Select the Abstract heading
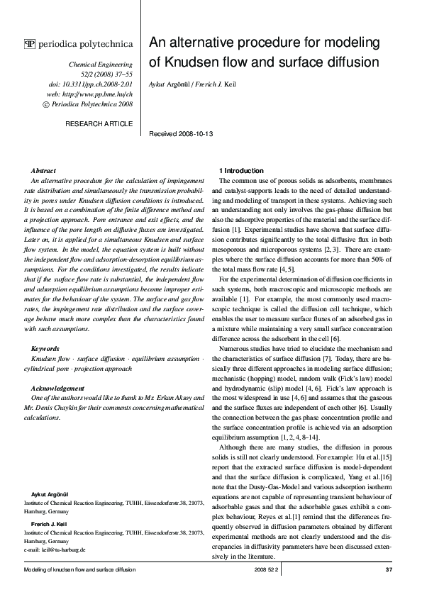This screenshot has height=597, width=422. [x=44, y=171]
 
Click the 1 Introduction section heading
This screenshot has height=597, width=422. [x=241, y=171]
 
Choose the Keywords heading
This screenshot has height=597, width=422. [x=46, y=350]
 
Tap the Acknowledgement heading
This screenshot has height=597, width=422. [x=59, y=389]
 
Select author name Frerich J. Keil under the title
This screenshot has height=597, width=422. [x=217, y=84]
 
